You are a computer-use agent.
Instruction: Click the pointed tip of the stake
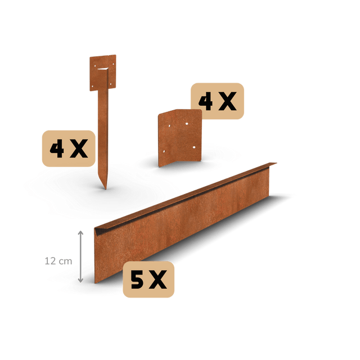coord(105,189)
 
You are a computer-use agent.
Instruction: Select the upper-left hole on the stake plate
coord(95,66)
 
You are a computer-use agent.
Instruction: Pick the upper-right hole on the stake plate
coord(113,64)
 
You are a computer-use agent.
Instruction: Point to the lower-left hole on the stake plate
coord(92,87)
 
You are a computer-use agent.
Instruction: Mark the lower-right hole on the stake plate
coord(110,84)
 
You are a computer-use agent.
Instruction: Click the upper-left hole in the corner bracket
coord(169,126)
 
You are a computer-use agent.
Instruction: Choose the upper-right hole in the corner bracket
coord(187,124)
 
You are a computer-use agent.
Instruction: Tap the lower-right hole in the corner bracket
coord(194,147)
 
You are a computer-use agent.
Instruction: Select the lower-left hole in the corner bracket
coord(164,151)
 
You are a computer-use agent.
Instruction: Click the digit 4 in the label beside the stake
coord(57,148)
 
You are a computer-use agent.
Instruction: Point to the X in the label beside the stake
coord(79,148)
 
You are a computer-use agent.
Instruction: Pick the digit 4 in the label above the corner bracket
coord(206,101)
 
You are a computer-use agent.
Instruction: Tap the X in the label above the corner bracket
coord(227,101)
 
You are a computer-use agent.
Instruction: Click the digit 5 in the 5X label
coord(137,280)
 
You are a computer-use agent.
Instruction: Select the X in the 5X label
coord(157,280)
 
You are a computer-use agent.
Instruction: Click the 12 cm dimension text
coord(58,261)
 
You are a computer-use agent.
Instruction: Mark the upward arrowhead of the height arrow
coord(80,233)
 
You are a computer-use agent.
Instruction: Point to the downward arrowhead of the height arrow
coord(80,280)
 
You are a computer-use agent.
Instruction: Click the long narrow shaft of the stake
coord(103,136)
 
